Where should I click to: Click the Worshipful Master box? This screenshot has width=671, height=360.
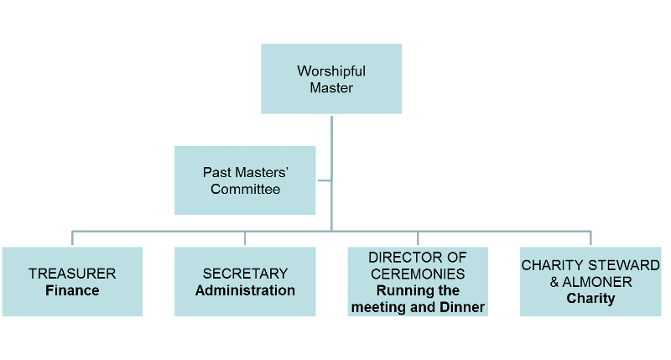point(331,79)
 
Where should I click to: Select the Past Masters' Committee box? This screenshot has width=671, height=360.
point(245,180)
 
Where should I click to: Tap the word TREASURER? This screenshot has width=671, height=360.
point(72,274)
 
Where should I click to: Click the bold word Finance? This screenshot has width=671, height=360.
point(72,291)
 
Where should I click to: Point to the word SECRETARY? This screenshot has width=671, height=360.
point(245,274)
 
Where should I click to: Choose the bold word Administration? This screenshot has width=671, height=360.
point(245,291)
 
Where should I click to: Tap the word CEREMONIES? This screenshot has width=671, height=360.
point(419,274)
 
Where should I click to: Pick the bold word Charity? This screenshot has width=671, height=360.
point(590,298)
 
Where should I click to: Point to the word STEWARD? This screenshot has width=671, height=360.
point(620,265)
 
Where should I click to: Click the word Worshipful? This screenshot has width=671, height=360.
point(331,70)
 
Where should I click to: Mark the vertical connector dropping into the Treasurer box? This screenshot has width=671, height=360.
point(72,237)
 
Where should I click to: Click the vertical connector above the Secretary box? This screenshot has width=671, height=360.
point(245,237)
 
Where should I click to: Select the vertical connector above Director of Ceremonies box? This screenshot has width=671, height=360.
point(418,237)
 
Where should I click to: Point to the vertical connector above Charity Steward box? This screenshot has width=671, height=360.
point(590,237)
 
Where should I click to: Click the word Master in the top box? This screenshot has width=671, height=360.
point(331,87)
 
